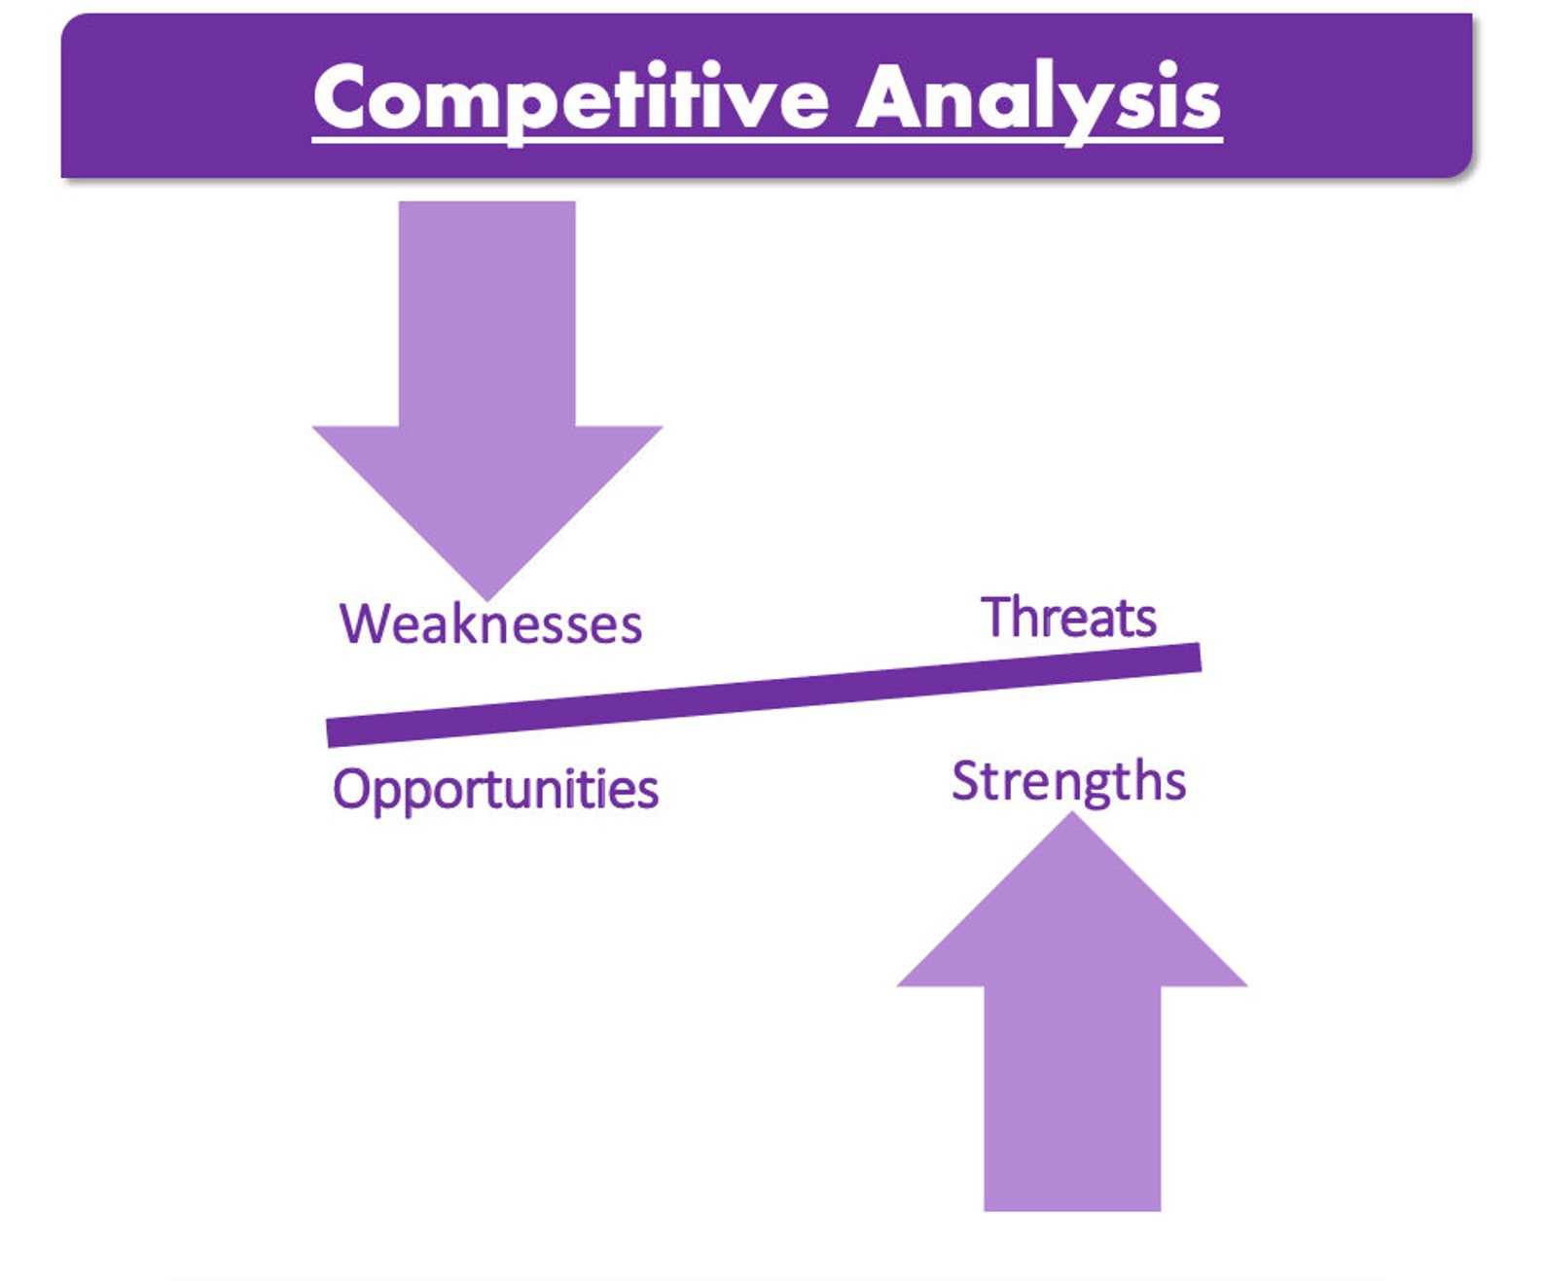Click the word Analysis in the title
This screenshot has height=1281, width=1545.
[1039, 100]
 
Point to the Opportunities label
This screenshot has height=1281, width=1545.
[496, 789]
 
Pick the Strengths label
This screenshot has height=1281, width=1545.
[1068, 782]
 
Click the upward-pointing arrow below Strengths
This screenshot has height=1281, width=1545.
[1072, 1011]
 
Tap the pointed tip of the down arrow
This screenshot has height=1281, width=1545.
[486, 600]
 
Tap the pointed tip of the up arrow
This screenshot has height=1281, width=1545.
[1072, 813]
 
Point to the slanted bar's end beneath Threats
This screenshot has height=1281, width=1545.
[1200, 658]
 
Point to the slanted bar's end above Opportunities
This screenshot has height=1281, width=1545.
[328, 732]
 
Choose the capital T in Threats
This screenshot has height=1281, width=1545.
[996, 616]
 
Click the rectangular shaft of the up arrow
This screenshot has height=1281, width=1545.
[1072, 1098]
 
